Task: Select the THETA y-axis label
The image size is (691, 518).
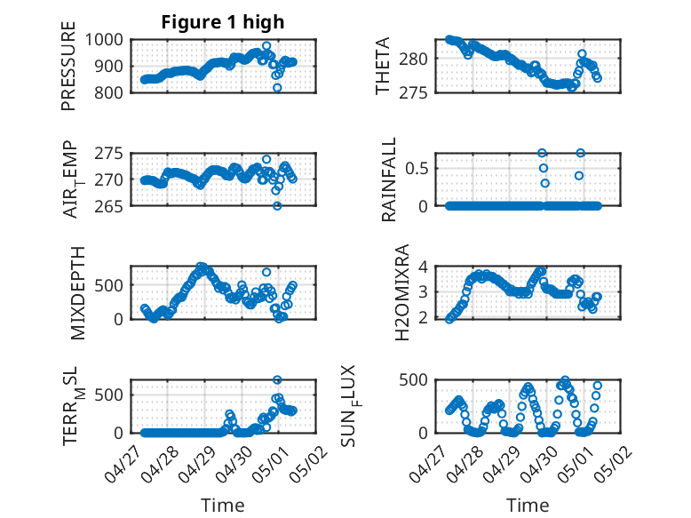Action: tap(383, 66)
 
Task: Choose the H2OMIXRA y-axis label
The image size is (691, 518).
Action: tap(401, 291)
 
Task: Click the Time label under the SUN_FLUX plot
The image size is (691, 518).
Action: tap(527, 506)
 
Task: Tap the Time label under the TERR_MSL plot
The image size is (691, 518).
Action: tap(223, 506)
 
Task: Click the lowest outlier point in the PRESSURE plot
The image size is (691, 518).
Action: tap(277, 88)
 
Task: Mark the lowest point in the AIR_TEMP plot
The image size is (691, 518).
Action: tap(277, 205)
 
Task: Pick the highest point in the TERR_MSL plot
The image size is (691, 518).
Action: tap(277, 380)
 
